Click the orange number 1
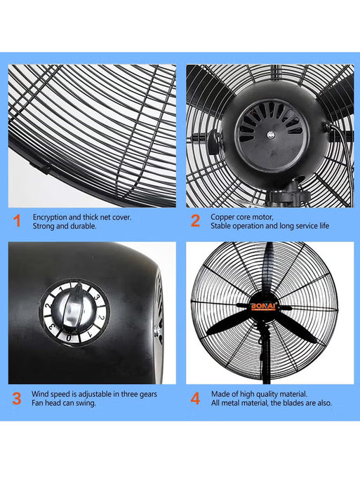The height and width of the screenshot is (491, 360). (17, 222)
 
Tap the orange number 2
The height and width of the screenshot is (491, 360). (195, 222)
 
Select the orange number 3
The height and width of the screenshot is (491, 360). (17, 398)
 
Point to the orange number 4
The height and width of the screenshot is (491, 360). (195, 398)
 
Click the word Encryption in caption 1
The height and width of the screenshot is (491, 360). (48, 217)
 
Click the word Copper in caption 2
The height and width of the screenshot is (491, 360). (223, 217)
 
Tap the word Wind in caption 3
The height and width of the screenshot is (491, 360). (41, 394)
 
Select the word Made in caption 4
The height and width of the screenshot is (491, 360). (220, 394)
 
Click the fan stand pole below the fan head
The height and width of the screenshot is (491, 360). (265, 365)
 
